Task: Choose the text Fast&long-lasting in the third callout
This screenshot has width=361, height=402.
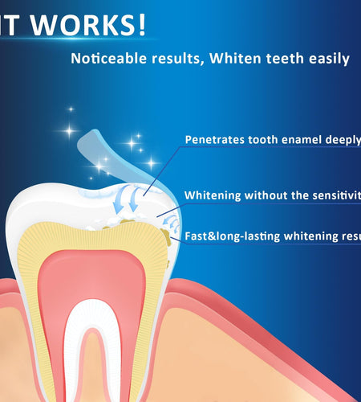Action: [235, 236]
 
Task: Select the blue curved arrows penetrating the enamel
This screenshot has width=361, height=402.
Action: [128, 197]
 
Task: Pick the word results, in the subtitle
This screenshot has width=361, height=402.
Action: [193, 59]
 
